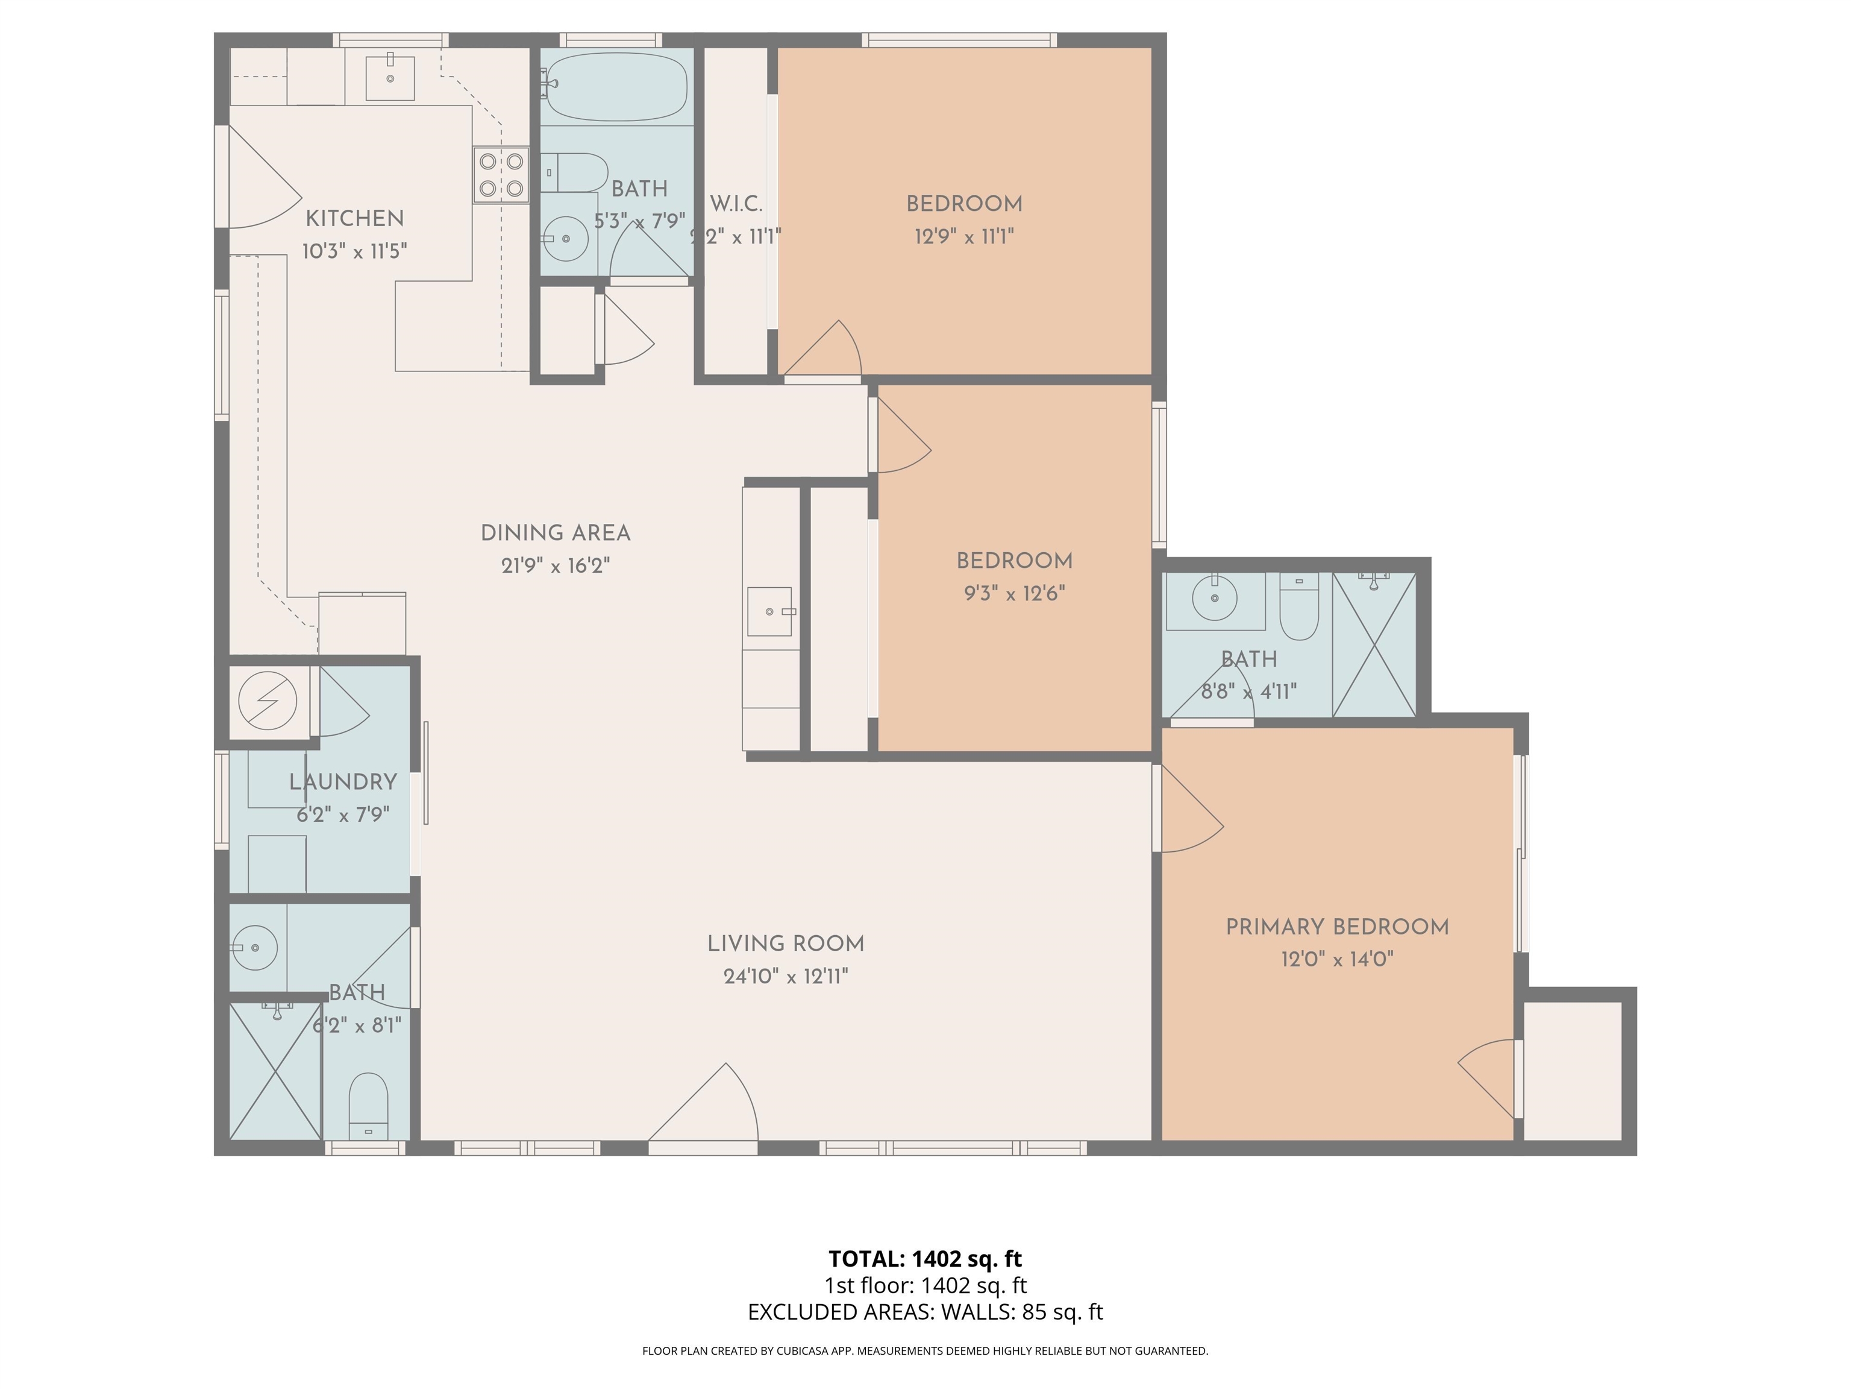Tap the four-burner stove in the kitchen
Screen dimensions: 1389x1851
pyautogui.click(x=501, y=175)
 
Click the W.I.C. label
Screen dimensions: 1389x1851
pyautogui.click(x=736, y=203)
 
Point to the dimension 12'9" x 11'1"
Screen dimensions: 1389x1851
pyautogui.click(x=964, y=237)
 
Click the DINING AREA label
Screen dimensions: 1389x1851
pyautogui.click(x=555, y=534)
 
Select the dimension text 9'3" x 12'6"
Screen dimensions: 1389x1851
pyautogui.click(x=1014, y=594)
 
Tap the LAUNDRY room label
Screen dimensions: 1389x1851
pyautogui.click(x=342, y=782)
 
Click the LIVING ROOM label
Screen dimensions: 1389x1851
pyautogui.click(x=786, y=943)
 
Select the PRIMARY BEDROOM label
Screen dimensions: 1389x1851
pyautogui.click(x=1336, y=927)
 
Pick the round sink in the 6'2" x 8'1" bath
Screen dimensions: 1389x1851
pyautogui.click(x=254, y=948)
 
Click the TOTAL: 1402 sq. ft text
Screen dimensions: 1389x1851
pyautogui.click(x=925, y=1258)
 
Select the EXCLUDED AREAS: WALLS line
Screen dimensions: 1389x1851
pyautogui.click(x=925, y=1312)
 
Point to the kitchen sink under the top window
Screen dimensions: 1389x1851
pyautogui.click(x=390, y=77)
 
